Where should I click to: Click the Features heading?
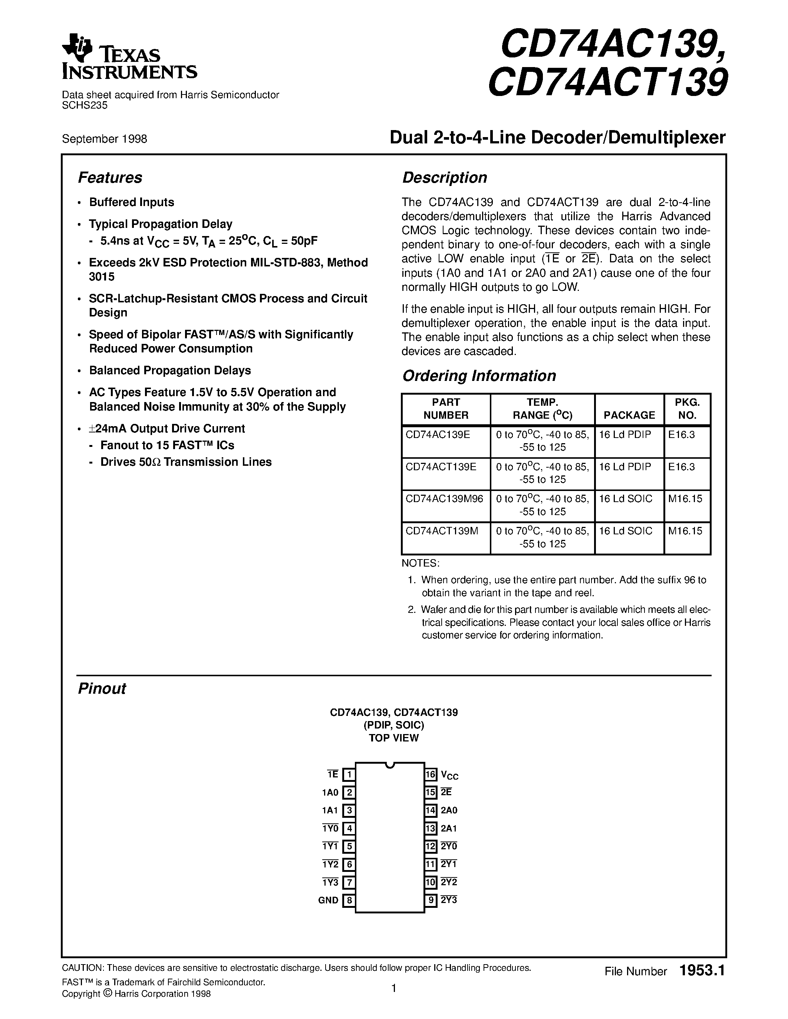point(110,178)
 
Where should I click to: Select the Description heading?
point(444,178)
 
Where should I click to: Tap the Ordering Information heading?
point(479,376)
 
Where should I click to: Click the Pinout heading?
point(102,689)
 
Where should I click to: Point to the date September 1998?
point(105,139)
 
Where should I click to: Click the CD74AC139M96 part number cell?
point(444,499)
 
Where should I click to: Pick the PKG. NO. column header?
point(687,409)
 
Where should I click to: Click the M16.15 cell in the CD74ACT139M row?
point(685,531)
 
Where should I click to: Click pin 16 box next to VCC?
point(431,775)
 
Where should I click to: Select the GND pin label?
point(328,900)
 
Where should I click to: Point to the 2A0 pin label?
point(449,811)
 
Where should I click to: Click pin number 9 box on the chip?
point(431,900)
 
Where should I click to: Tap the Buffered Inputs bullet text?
point(131,202)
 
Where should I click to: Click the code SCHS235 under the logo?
point(85,106)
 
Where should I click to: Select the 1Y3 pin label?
point(330,882)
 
